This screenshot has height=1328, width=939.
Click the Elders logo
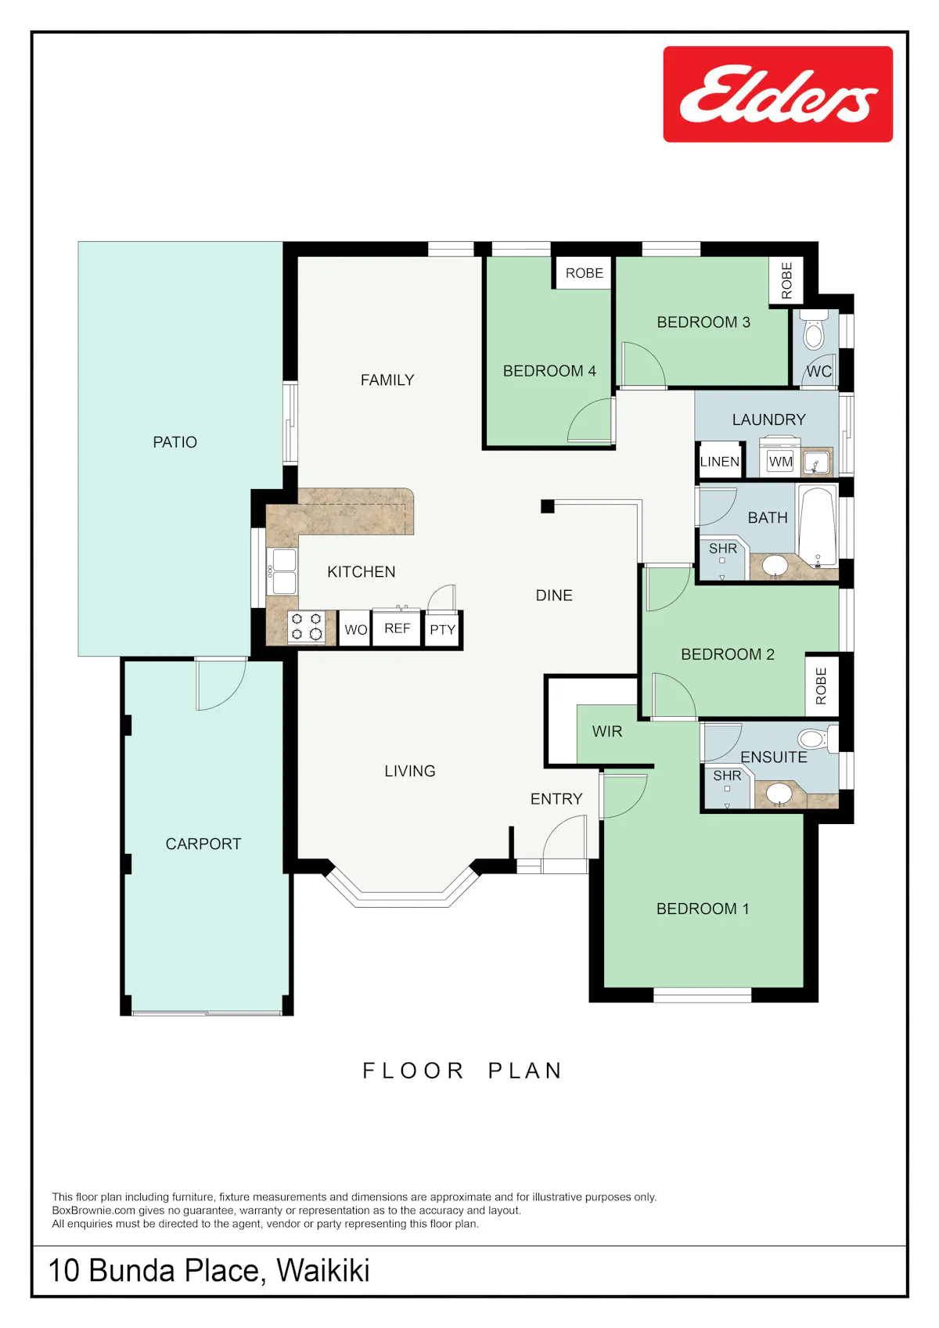[778, 94]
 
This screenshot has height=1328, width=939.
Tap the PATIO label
[174, 442]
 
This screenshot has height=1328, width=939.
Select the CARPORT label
[203, 844]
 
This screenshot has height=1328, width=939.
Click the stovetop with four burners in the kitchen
[307, 627]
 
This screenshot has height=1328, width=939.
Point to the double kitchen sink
[282, 571]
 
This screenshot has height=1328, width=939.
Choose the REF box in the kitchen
[397, 628]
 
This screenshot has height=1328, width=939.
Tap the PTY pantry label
[442, 630]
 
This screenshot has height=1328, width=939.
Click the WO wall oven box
[356, 629]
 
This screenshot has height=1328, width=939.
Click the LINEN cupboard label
[720, 462]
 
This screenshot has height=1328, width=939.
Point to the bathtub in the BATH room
[817, 526]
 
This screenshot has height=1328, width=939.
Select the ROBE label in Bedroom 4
[584, 273]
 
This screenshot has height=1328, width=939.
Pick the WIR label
[607, 732]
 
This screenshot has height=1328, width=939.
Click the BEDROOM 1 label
[703, 909]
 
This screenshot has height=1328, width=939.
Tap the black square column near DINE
[547, 506]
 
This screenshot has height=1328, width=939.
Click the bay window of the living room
[402, 890]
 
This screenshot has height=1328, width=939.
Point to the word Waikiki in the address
[323, 1271]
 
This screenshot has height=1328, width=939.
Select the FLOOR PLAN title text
[462, 1071]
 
